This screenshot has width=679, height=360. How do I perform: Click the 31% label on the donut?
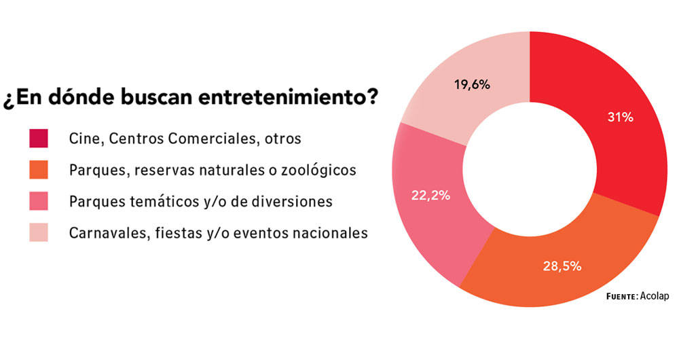[x=620, y=118]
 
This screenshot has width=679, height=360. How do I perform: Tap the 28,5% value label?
[x=560, y=266]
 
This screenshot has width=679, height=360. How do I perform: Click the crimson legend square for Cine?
[x=39, y=139]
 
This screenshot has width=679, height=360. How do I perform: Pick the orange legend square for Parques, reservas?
[x=39, y=170]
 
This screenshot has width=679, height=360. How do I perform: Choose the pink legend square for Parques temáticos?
[x=39, y=202]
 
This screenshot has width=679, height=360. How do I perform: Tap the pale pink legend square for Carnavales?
[x=39, y=233]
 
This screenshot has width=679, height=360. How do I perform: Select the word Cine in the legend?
[x=82, y=139]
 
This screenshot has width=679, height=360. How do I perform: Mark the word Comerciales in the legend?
[x=218, y=139]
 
